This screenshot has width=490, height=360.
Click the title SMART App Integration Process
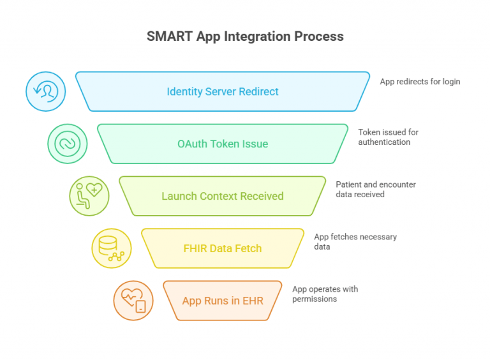(245, 36)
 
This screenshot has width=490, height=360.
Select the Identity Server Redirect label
(223, 91)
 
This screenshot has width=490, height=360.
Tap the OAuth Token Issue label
(223, 144)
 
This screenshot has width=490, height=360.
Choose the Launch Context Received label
(223, 196)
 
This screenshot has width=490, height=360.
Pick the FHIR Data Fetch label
(223, 248)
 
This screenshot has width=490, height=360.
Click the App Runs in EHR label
(223, 301)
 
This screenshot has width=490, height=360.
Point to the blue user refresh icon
(45, 91)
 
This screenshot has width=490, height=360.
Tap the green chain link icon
(68, 144)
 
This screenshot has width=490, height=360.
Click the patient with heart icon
(89, 196)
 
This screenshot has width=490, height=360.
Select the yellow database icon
(111, 248)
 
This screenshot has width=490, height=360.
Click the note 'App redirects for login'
(420, 82)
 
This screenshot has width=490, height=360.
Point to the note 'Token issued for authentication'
(388, 137)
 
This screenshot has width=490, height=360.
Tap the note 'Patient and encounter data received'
(376, 190)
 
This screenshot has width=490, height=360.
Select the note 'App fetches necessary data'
(355, 241)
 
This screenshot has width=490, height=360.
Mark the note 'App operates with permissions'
(325, 294)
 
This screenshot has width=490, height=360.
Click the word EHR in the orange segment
(253, 301)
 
